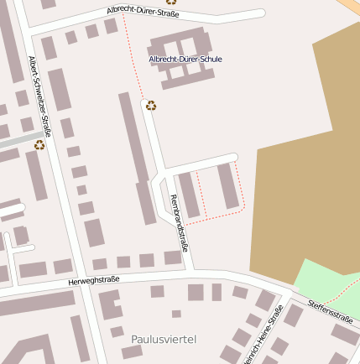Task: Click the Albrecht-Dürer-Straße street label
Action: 143,13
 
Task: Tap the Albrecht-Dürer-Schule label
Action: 185,60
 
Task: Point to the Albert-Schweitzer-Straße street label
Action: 40,96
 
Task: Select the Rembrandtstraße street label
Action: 179,223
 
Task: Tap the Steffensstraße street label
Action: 329,310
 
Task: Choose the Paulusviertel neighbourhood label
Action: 164,339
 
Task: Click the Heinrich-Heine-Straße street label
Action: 263,335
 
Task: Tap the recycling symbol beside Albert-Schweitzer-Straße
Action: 39,145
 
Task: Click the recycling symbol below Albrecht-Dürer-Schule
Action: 151,106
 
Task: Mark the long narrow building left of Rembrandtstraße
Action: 137,155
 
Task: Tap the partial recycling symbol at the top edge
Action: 171,2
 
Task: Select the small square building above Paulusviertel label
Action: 176,314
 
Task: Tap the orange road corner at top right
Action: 350,6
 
